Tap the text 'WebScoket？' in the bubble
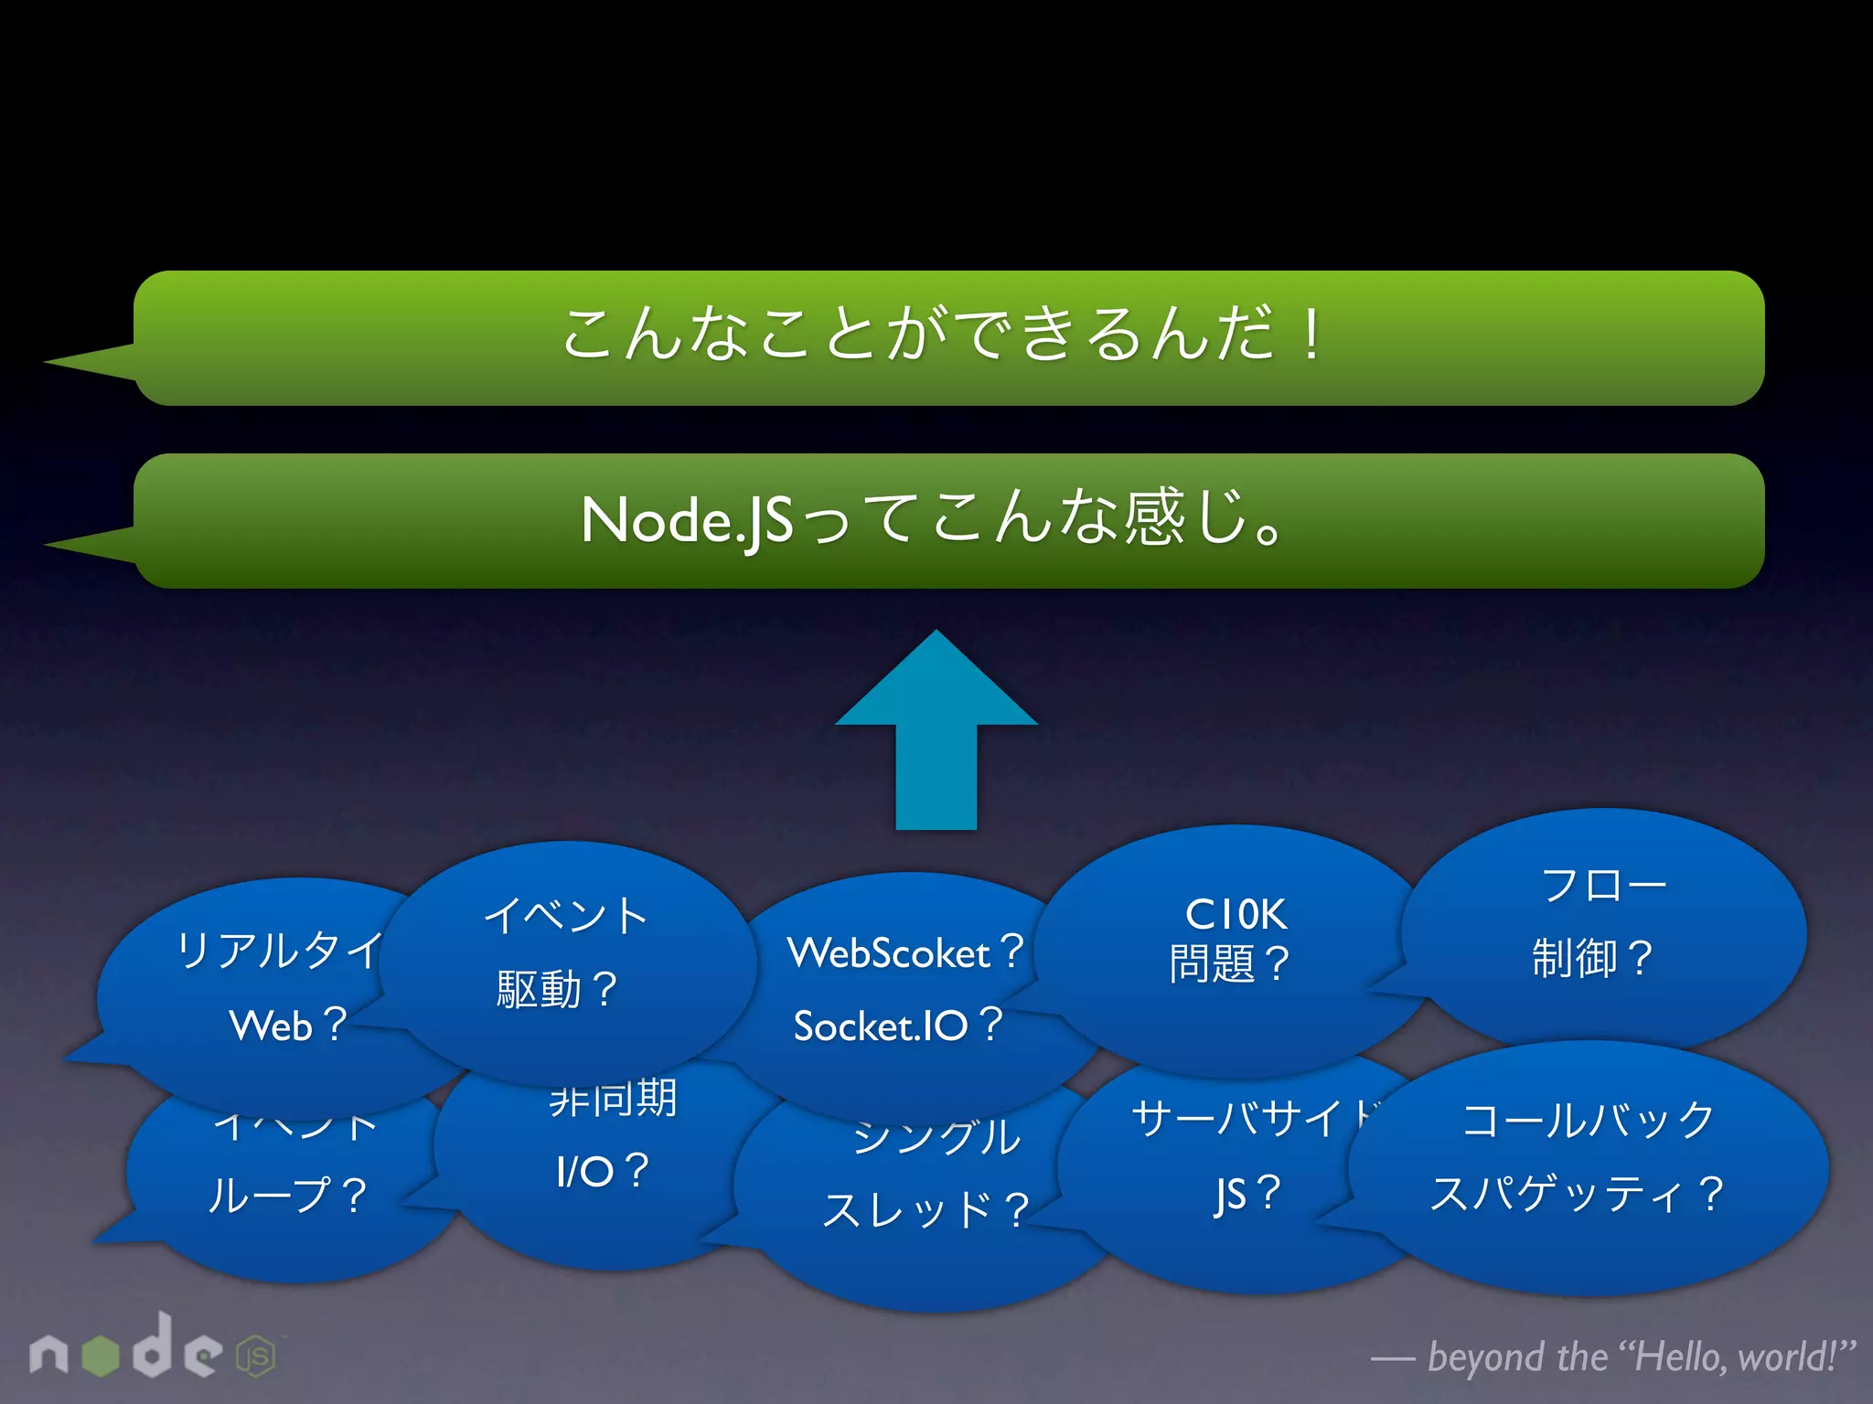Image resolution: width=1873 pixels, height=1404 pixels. click(905, 953)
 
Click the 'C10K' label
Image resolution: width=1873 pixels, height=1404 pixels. click(1236, 914)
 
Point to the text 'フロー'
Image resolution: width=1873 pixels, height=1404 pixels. click(1603, 886)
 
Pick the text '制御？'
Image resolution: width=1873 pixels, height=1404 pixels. click(1592, 959)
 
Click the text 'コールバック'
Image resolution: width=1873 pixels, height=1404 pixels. click(1589, 1121)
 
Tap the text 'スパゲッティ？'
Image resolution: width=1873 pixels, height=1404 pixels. click(1577, 1194)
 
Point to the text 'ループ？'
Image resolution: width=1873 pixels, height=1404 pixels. click(287, 1196)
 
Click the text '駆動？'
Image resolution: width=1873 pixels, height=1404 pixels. click(557, 990)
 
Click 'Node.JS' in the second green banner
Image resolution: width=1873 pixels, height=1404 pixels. click(687, 521)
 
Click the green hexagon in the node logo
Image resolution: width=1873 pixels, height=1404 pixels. click(101, 1356)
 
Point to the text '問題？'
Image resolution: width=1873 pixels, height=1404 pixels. click(1229, 963)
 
